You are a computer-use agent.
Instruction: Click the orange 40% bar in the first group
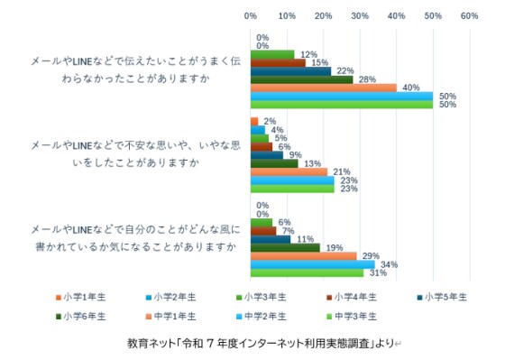pos(323,88)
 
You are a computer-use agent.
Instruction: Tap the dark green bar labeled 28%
pos(301,79)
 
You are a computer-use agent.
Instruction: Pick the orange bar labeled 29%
pos(303,256)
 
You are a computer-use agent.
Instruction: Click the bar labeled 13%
pos(274,163)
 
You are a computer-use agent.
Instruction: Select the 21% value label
pos(340,171)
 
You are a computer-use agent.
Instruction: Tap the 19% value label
pos(333,247)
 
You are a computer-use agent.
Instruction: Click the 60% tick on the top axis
pos(469,15)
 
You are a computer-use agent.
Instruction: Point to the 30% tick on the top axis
pos(360,15)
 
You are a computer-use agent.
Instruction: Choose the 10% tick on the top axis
pos(287,15)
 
